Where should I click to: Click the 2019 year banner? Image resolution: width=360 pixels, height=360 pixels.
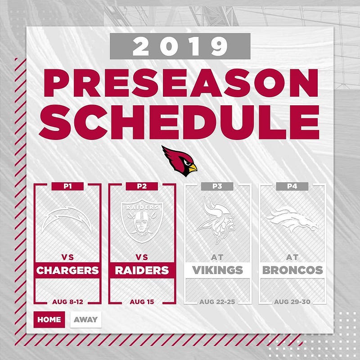[x=180, y=46]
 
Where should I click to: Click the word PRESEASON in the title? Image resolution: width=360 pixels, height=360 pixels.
[x=181, y=83]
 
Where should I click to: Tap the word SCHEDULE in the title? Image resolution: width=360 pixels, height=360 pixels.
[x=179, y=122]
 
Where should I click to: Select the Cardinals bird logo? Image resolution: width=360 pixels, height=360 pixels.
[x=179, y=161]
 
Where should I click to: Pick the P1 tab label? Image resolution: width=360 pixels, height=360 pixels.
[x=67, y=186]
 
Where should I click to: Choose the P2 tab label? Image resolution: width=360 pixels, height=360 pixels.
[x=142, y=186]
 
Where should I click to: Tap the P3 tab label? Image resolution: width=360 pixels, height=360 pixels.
[x=217, y=186]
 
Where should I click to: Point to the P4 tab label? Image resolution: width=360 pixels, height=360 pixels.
[x=292, y=186]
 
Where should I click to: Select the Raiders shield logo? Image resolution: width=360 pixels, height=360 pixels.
[x=142, y=221]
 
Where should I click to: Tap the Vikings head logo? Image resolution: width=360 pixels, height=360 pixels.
[x=216, y=220]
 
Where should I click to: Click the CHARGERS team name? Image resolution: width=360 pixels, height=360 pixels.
[x=67, y=270]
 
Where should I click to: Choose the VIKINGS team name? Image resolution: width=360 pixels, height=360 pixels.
[x=217, y=270]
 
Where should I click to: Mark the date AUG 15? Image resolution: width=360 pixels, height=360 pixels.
[x=142, y=301]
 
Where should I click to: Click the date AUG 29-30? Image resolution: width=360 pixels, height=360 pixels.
[x=292, y=301]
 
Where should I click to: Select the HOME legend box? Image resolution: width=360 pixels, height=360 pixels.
[x=49, y=319]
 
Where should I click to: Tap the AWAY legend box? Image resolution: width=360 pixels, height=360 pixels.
[x=86, y=319]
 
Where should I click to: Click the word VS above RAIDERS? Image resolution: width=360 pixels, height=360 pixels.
[x=142, y=257]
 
